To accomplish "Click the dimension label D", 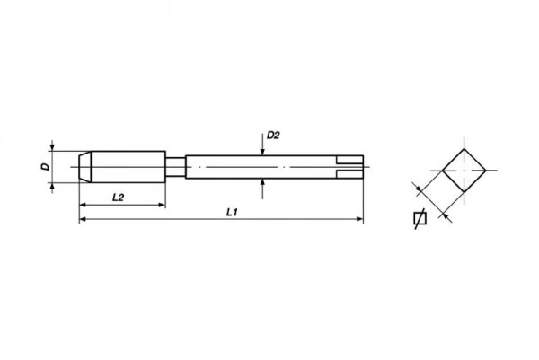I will tap(43, 167).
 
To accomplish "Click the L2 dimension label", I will tap(117, 197).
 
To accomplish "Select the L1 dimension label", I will tap(231, 211).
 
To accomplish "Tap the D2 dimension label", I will tap(274, 136).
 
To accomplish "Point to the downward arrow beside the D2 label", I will tap(261, 148).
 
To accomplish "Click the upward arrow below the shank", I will tap(261, 186).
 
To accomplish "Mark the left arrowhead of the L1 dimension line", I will tap(84, 219).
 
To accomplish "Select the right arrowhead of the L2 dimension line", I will tap(162, 205).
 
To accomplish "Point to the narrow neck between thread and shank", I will tap(175, 167).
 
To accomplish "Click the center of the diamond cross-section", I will tap(463, 167).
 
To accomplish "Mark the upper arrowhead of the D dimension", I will tap(53, 149).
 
